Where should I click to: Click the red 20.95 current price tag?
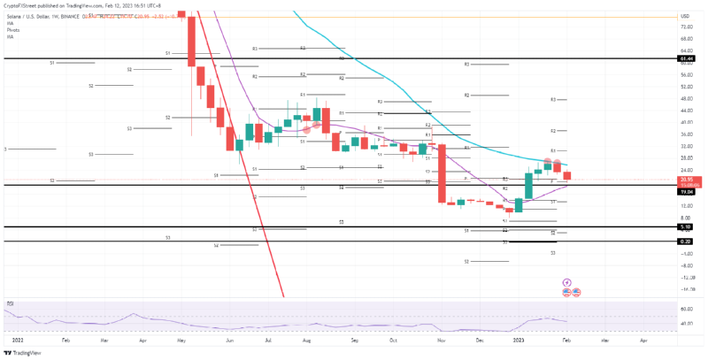686,180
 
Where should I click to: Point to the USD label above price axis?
685,17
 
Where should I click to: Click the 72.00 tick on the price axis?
686,27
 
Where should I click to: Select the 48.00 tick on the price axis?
686,98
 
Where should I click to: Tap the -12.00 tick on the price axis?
686,277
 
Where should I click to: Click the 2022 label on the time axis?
19,340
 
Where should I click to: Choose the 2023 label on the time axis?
519,340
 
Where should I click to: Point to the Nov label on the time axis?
441,340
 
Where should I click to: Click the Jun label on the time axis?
231,340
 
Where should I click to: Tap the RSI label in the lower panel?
11,303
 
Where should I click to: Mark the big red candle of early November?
441,172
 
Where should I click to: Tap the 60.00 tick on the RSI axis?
686,309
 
